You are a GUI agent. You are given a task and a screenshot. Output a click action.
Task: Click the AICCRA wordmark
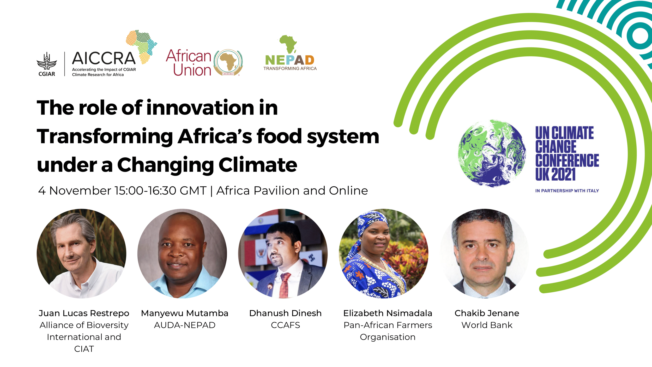point(104,58)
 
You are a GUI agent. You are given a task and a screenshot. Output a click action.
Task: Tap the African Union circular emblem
point(228,63)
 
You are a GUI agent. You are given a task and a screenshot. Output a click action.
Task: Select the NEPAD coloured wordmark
point(289,60)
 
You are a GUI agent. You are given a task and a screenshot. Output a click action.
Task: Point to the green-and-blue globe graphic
point(492,153)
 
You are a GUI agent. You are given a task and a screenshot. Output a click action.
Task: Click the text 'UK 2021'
point(555,174)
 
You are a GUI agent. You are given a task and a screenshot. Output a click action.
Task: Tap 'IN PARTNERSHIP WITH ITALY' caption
point(567,191)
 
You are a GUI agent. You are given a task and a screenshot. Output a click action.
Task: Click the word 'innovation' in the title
point(200,108)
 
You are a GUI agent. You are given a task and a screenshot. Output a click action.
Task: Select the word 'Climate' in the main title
point(258,165)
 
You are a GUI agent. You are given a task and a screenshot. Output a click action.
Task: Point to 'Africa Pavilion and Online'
point(292,191)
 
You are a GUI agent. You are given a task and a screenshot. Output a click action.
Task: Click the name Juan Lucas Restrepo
point(84,313)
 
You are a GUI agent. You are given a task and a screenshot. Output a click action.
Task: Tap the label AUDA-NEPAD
point(185,325)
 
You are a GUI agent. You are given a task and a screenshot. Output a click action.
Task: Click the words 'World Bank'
point(487,325)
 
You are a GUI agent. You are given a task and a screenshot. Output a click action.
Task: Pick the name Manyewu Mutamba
point(185,313)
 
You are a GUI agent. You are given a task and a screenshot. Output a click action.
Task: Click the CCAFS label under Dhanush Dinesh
point(285,325)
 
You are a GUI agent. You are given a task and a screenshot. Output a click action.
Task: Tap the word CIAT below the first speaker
point(84,349)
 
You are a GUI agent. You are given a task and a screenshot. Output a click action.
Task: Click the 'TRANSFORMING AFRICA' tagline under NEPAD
point(290,69)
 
